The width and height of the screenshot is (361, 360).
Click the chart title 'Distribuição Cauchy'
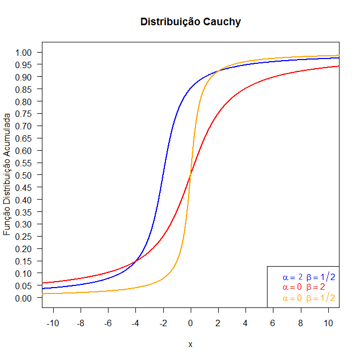(190, 22)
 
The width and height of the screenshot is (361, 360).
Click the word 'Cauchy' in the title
(221, 22)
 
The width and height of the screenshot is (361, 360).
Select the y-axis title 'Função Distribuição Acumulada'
(7, 174)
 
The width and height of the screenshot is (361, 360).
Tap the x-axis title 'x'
(190, 344)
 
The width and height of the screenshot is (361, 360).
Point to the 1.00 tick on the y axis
(25, 53)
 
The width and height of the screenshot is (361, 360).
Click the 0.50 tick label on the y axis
(25, 175)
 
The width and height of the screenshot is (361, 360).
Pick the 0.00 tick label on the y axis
(25, 298)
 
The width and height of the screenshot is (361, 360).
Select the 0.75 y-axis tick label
(25, 114)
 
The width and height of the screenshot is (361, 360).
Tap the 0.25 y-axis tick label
(25, 237)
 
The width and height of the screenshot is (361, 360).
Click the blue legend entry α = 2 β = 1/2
(308, 277)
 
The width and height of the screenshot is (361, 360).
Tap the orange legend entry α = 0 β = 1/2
(308, 298)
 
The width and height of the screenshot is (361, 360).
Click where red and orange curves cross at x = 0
(190, 175)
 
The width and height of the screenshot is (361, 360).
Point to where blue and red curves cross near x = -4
(135, 261)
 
